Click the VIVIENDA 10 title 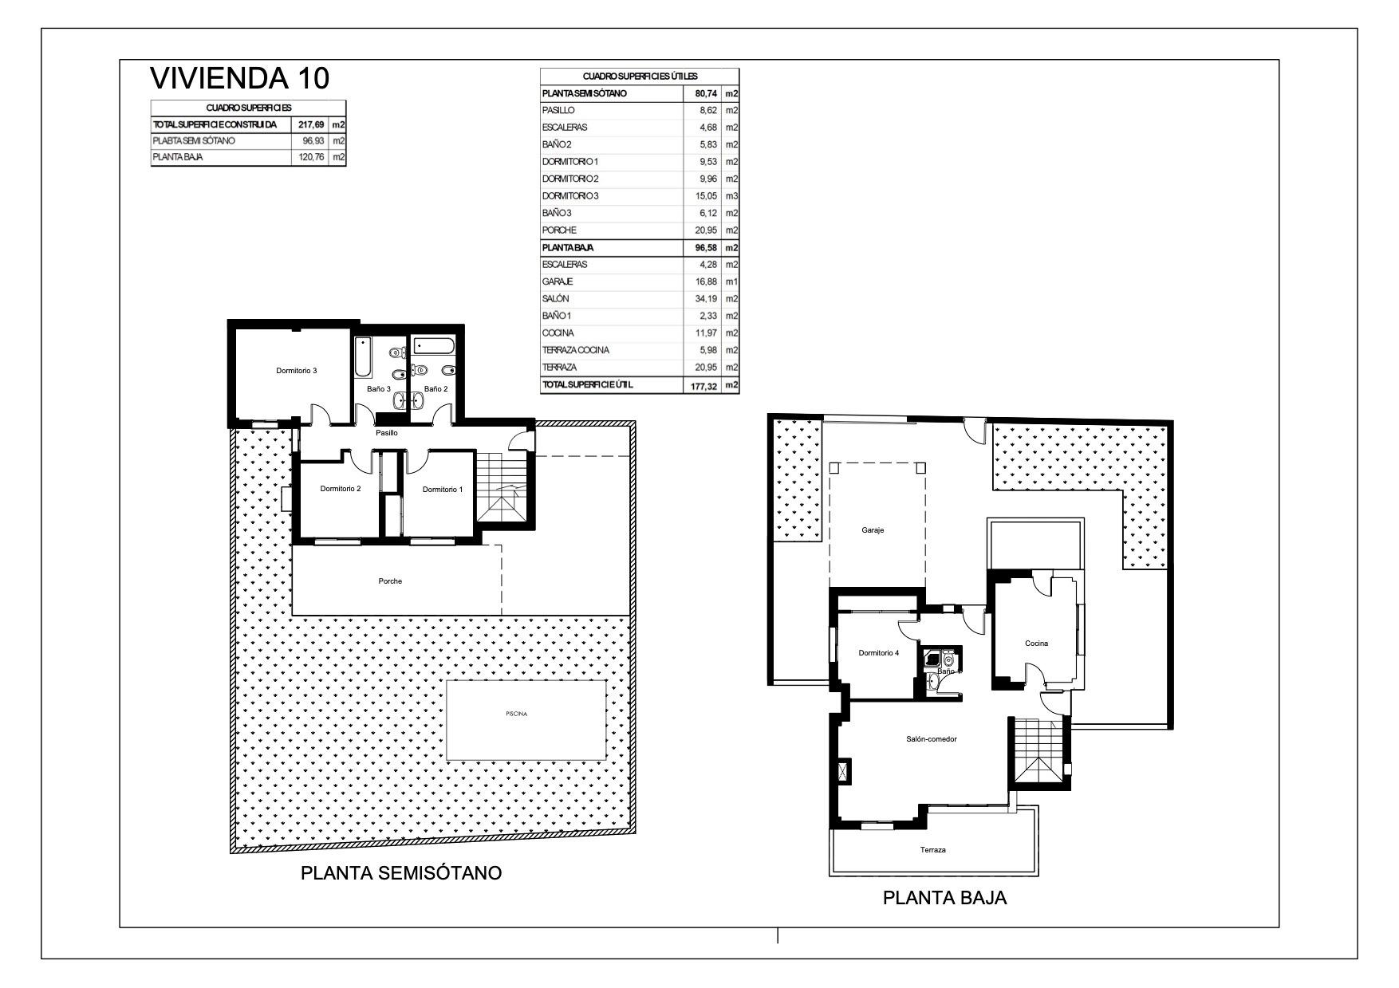[x=239, y=78]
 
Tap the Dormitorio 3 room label [x=297, y=371]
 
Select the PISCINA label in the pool [x=516, y=714]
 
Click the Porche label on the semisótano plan [x=390, y=581]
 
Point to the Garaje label [x=873, y=530]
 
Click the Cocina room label [x=1036, y=644]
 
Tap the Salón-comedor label [x=931, y=739]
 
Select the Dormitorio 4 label [x=878, y=653]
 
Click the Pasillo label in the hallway [x=387, y=433]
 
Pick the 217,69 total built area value [x=311, y=125]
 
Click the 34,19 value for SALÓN [x=707, y=299]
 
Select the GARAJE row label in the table [x=558, y=281]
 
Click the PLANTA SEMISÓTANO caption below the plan [x=401, y=872]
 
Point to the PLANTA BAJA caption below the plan [x=944, y=898]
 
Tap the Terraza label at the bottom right [x=932, y=850]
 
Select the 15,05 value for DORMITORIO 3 [x=707, y=196]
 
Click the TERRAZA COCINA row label [x=576, y=350]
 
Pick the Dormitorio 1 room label [x=442, y=490]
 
